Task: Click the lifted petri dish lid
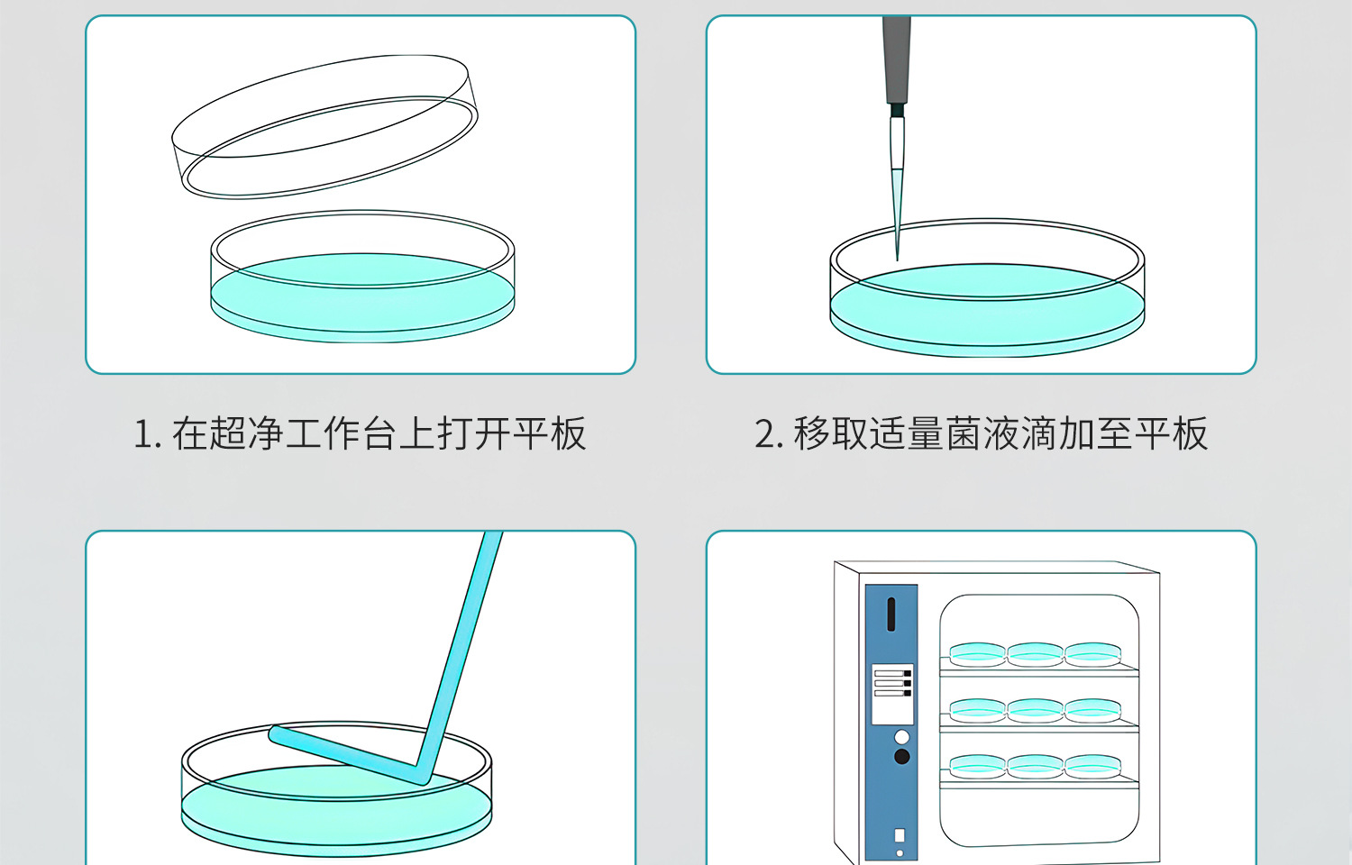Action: [x=324, y=126]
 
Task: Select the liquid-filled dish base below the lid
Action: [x=362, y=288]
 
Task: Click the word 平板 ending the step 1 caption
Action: [x=550, y=434]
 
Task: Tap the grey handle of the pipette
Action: [x=896, y=59]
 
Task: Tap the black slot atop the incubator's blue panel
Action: [x=891, y=615]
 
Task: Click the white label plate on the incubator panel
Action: [x=892, y=694]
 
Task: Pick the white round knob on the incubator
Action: [x=901, y=738]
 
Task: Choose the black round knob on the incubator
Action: [x=901, y=757]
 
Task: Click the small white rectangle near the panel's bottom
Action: [x=899, y=835]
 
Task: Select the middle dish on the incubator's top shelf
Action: [x=1036, y=653]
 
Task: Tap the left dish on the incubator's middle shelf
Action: [x=978, y=709]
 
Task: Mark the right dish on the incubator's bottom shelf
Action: [x=1092, y=766]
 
